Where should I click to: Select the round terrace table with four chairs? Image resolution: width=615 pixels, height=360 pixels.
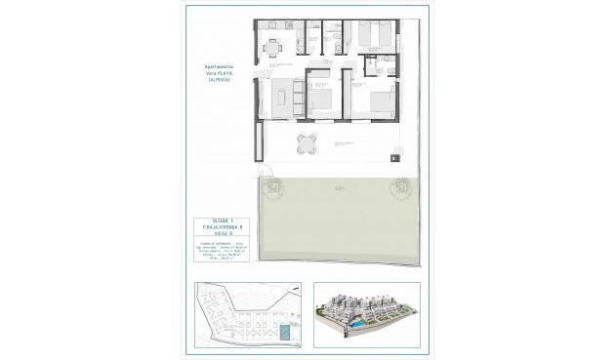[x=307, y=143]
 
